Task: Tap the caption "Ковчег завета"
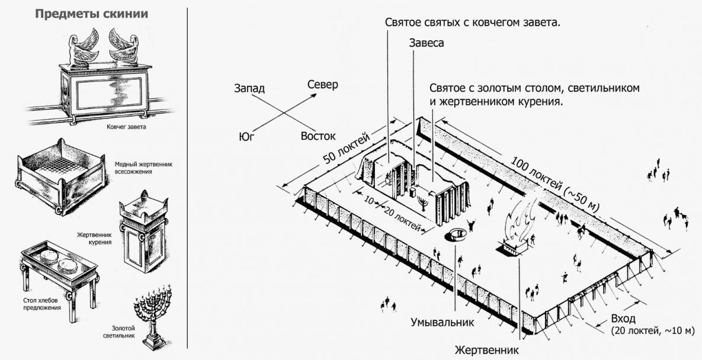point(123,127)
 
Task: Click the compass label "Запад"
point(249,88)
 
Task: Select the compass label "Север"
point(322,85)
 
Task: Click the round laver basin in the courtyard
point(457,234)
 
